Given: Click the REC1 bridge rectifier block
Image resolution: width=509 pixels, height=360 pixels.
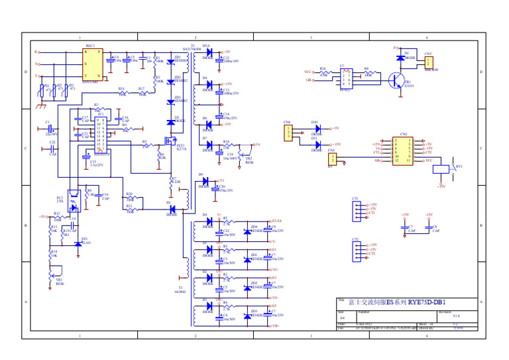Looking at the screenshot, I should [93, 65].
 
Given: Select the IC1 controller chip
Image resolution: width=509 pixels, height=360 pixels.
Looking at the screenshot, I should [99, 137].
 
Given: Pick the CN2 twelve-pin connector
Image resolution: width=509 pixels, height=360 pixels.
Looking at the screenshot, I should [404, 151].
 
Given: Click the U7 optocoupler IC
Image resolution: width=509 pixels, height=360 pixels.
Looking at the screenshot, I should [344, 79].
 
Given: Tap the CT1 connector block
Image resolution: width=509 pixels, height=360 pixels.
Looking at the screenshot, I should [357, 210].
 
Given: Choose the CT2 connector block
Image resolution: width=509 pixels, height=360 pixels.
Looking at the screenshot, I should [357, 250].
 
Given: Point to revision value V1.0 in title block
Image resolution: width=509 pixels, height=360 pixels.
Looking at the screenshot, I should [456, 317].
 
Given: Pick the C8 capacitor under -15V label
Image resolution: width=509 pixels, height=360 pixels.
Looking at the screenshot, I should [429, 228].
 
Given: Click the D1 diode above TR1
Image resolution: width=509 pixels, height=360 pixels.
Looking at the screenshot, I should [404, 58].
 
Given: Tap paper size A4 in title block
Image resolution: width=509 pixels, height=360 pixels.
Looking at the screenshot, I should [343, 318].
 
